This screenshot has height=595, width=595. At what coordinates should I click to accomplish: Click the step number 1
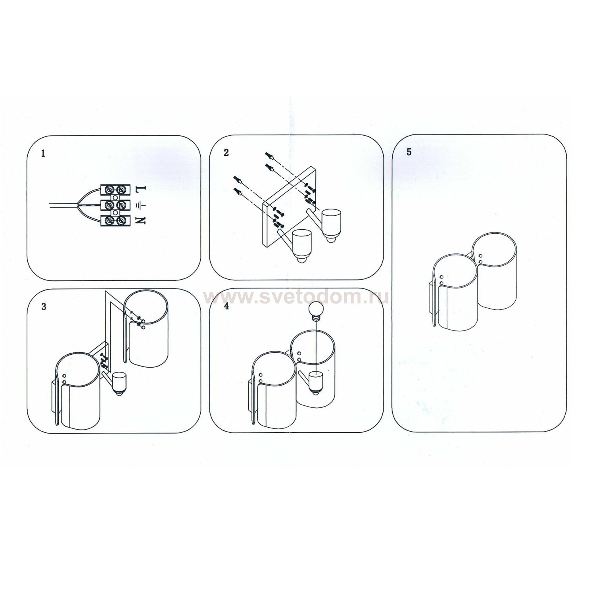pyautogui.click(x=43, y=154)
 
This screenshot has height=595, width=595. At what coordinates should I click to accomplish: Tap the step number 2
pyautogui.click(x=226, y=153)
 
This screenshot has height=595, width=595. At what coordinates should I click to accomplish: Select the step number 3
pyautogui.click(x=44, y=307)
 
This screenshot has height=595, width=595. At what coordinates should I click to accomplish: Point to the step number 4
pyautogui.click(x=226, y=306)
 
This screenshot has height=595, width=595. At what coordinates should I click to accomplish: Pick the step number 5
pyautogui.click(x=409, y=152)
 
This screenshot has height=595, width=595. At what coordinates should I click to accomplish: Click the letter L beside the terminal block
pyautogui.click(x=142, y=190)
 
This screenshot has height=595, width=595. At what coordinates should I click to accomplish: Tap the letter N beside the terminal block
pyautogui.click(x=142, y=221)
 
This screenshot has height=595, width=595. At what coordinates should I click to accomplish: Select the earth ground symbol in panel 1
pyautogui.click(x=141, y=205)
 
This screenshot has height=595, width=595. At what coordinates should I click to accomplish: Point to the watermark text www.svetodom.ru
pyautogui.click(x=296, y=297)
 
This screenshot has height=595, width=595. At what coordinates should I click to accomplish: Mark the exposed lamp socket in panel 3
pyautogui.click(x=118, y=383)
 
